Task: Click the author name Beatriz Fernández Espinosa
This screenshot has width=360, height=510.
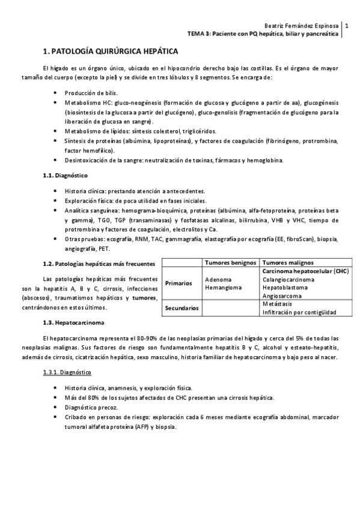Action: pos(301,26)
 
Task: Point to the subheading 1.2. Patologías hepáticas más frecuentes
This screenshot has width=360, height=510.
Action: pos(99,263)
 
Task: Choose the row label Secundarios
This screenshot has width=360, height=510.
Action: pos(182,308)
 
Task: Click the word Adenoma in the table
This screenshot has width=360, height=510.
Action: pos(218,280)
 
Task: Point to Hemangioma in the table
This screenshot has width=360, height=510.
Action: pos(223,287)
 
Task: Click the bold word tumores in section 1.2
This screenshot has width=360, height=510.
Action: pos(144,298)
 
